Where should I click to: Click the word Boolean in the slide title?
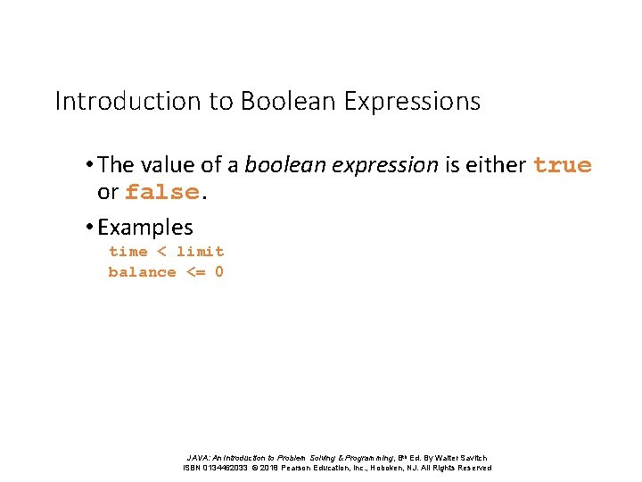pos(286,101)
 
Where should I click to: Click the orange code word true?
pos(562,165)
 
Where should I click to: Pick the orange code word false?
pos(161,193)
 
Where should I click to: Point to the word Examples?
pos(144,228)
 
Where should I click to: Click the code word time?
pos(128,252)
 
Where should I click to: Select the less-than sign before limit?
pos(161,252)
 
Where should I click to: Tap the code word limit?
pos(200,252)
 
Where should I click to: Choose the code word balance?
pos(142,272)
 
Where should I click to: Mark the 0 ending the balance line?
pos(219,272)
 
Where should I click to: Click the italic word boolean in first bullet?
pos(278,165)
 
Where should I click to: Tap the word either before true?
pos(495,165)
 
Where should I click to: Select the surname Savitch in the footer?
pos(469,458)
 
